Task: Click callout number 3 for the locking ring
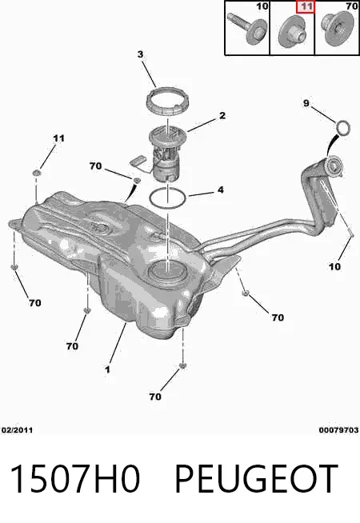tap(140, 54)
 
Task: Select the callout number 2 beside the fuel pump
tap(222, 115)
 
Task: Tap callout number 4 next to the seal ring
tap(221, 190)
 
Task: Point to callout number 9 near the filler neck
tap(306, 103)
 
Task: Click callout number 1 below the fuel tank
tap(107, 369)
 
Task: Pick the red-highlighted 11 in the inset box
tap(306, 6)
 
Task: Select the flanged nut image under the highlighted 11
tap(292, 30)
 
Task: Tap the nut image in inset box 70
tap(337, 26)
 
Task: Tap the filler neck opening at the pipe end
tap(334, 166)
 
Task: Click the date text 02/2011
tap(18, 430)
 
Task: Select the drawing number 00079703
tap(338, 430)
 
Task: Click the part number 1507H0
tap(75, 478)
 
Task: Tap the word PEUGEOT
tap(256, 478)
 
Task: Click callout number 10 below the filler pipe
tap(334, 266)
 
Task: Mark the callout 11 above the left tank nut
tap(58, 138)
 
